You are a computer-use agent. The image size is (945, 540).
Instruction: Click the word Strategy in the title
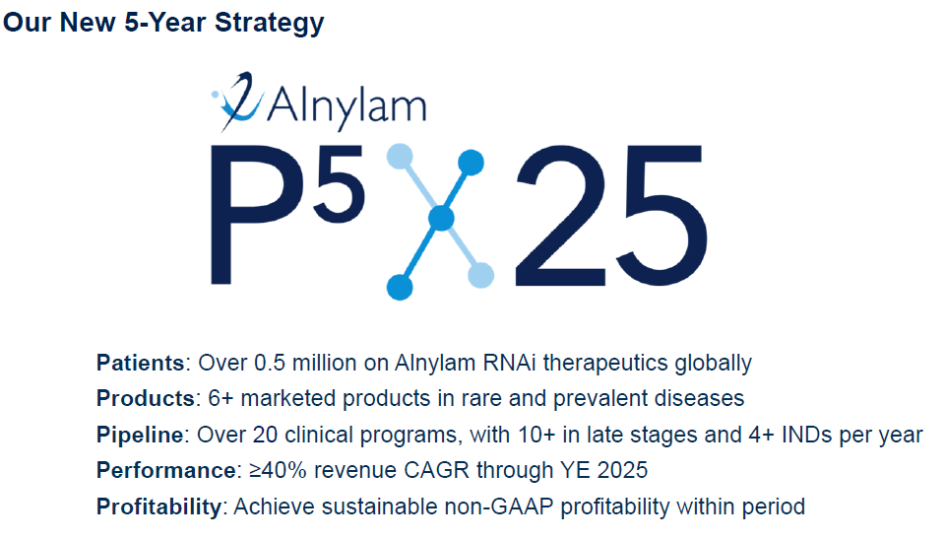pyautogui.click(x=270, y=24)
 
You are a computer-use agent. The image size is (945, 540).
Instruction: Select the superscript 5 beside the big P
pyautogui.click(x=339, y=183)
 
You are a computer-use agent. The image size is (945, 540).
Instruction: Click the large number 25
pyautogui.click(x=610, y=215)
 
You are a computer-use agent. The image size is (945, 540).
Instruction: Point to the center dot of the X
pyautogui.click(x=441, y=218)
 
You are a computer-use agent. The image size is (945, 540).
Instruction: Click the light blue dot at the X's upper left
pyautogui.click(x=400, y=157)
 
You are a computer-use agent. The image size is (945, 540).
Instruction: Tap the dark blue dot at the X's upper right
pyautogui.click(x=471, y=163)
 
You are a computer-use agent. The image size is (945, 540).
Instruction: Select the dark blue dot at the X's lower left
pyautogui.click(x=400, y=287)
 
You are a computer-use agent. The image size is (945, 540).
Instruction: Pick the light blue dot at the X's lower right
pyautogui.click(x=481, y=275)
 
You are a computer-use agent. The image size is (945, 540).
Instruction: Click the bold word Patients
pyautogui.click(x=141, y=364)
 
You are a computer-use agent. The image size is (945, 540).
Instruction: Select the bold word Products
pyautogui.click(x=146, y=399)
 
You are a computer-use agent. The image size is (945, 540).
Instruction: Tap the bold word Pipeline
pyautogui.click(x=140, y=435)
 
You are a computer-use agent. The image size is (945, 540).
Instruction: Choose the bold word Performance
pyautogui.click(x=166, y=471)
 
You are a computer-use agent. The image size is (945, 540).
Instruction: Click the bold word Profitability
pyautogui.click(x=159, y=506)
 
